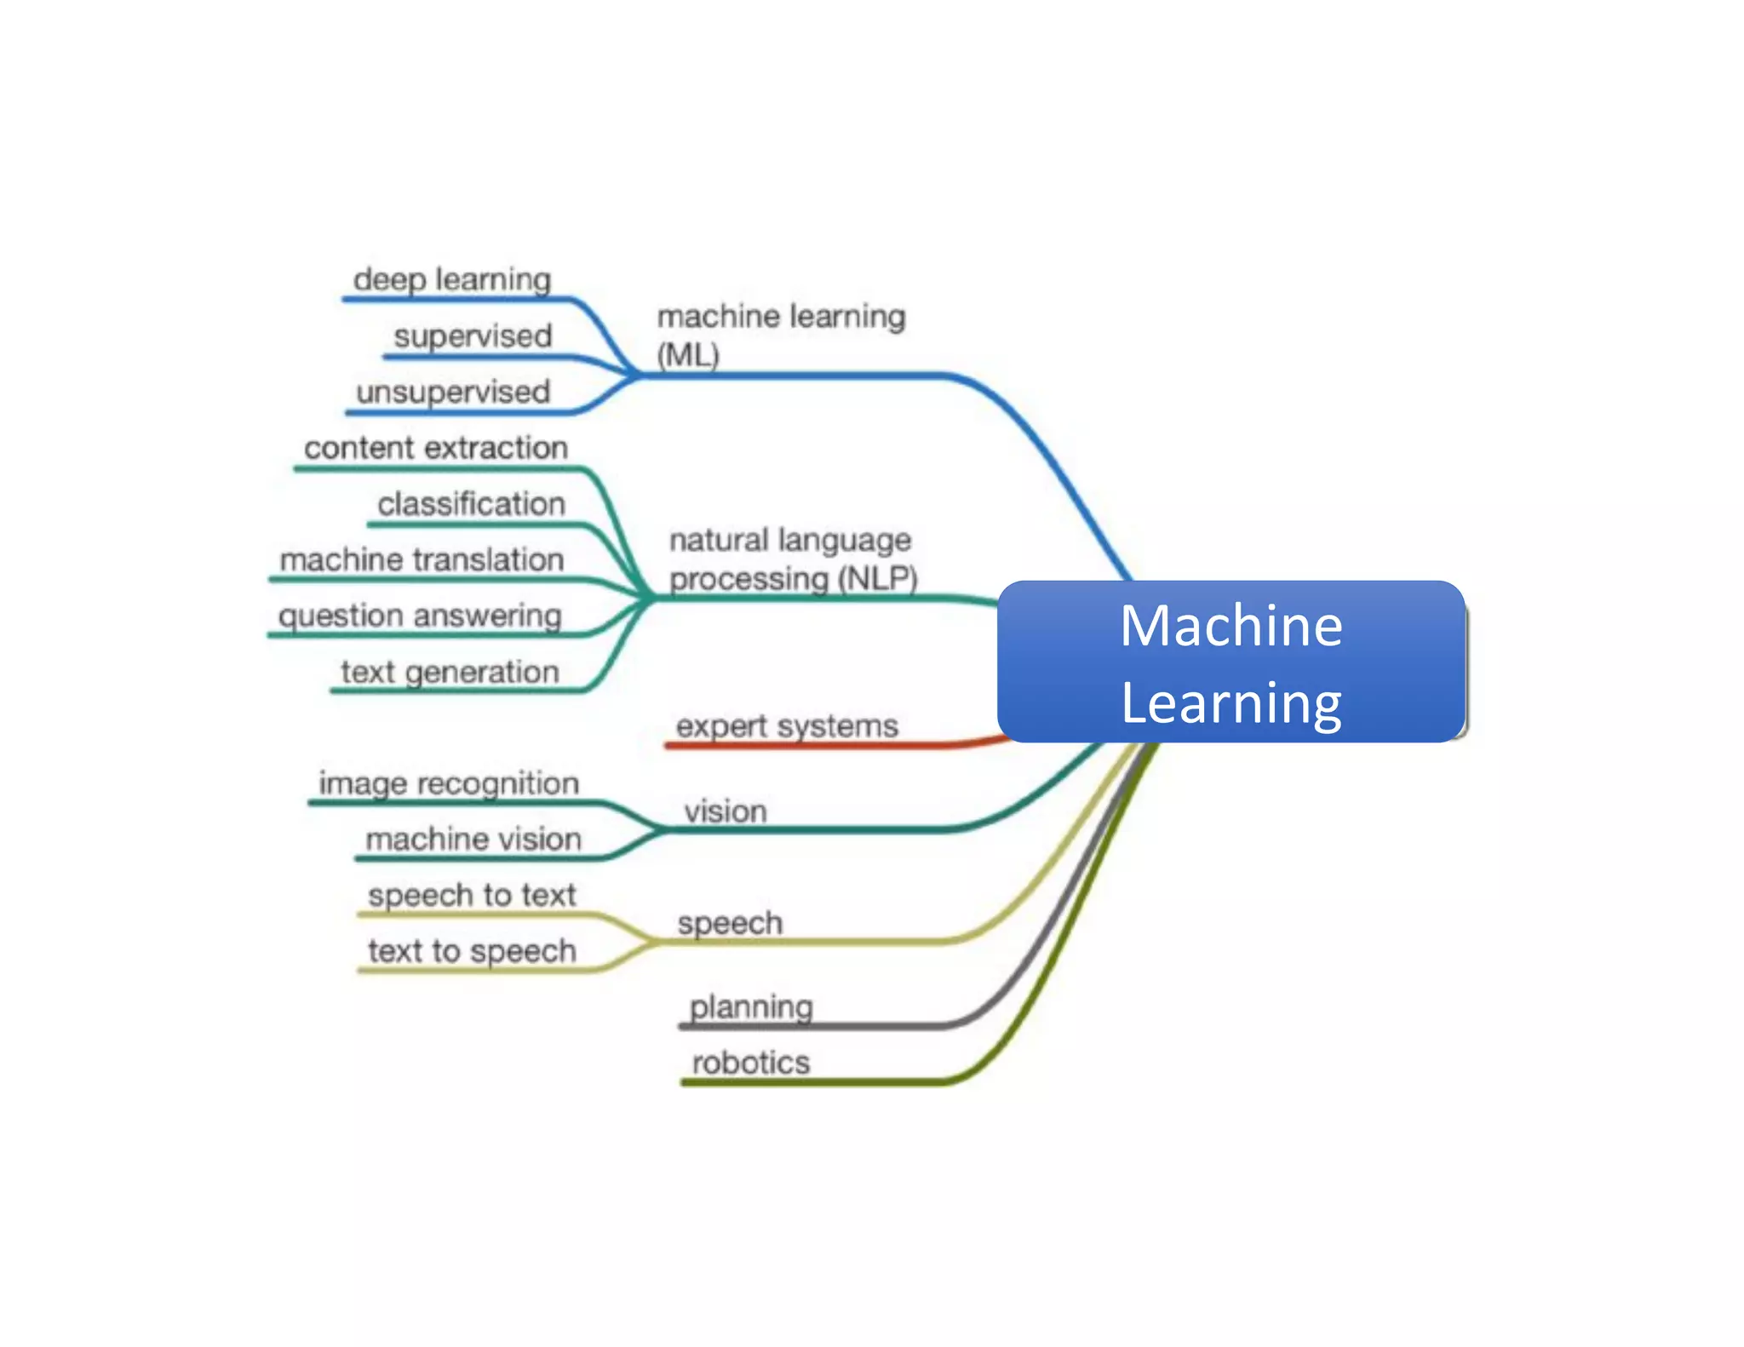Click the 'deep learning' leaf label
(x=452, y=279)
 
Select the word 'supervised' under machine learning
(x=473, y=335)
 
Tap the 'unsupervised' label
(x=453, y=392)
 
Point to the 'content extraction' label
(x=436, y=448)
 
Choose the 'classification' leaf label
(x=471, y=504)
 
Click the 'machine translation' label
(x=422, y=559)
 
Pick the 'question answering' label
(x=420, y=616)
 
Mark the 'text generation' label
(x=450, y=672)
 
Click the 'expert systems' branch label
(x=787, y=726)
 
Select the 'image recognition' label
(x=449, y=783)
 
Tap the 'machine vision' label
(x=473, y=840)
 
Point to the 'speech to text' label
(x=472, y=895)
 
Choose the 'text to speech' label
(x=472, y=951)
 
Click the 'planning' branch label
(x=751, y=1007)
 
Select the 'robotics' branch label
(x=751, y=1063)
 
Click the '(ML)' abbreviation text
(x=688, y=355)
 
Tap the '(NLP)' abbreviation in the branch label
(x=877, y=579)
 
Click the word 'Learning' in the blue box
(x=1231, y=702)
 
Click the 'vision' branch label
(x=726, y=811)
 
